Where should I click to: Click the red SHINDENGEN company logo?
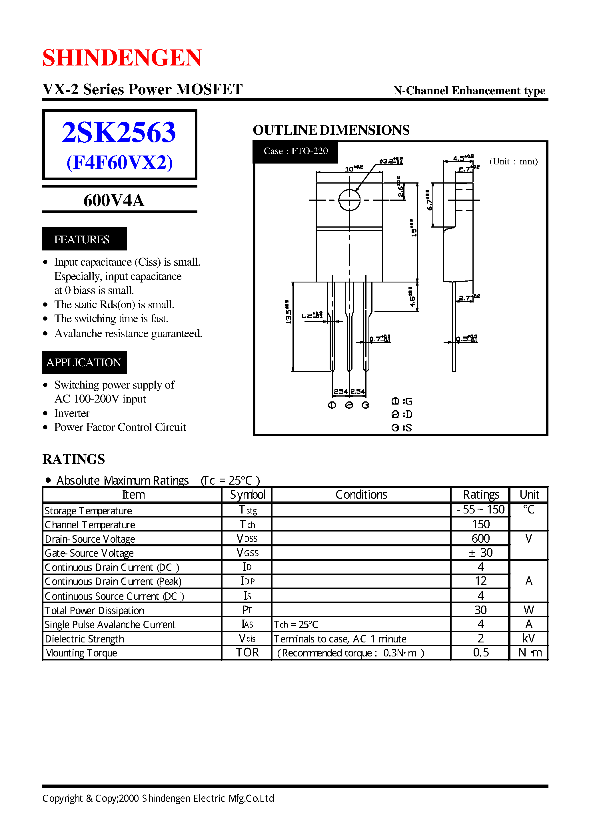(122, 57)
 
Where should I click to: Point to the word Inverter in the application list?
(72, 413)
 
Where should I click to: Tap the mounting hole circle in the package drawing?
(349, 200)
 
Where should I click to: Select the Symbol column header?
(247, 495)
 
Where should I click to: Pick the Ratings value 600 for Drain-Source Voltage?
(480, 538)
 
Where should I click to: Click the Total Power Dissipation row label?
(94, 610)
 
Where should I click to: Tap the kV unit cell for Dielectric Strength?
(529, 638)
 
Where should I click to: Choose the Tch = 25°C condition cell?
(295, 624)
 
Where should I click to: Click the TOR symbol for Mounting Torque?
(247, 652)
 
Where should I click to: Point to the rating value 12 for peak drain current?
(480, 581)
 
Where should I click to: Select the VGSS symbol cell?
(247, 553)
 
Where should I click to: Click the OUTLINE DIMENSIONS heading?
(331, 130)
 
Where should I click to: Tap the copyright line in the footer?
(158, 799)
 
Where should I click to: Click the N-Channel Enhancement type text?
(469, 90)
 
